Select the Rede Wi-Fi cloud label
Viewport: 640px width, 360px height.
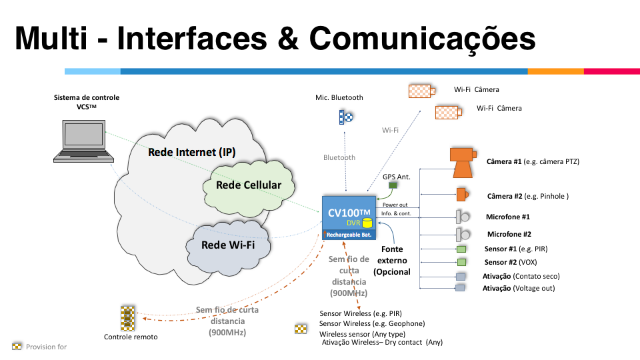[227, 245]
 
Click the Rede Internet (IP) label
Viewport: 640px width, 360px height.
[191, 152]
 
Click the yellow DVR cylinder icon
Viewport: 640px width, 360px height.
[366, 223]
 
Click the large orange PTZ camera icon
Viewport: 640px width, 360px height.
[463, 161]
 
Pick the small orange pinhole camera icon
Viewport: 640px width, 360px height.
[461, 195]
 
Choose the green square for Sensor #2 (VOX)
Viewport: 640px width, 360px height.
[461, 263]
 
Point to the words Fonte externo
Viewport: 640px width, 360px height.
[392, 255]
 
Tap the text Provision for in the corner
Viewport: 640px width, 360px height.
[46, 347]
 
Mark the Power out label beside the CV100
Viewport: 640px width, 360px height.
[395, 205]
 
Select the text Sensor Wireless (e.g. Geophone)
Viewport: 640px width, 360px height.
[372, 323]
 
